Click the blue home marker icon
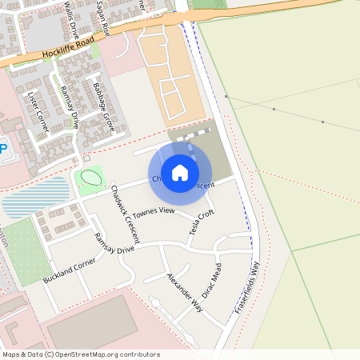pos(180,173)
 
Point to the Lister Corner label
pos(38,111)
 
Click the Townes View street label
pos(153,212)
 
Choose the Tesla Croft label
pos(202,224)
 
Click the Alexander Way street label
pos(184,293)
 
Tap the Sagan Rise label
pos(102,18)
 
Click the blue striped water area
pos(35,198)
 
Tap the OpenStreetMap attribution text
pos(79,354)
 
